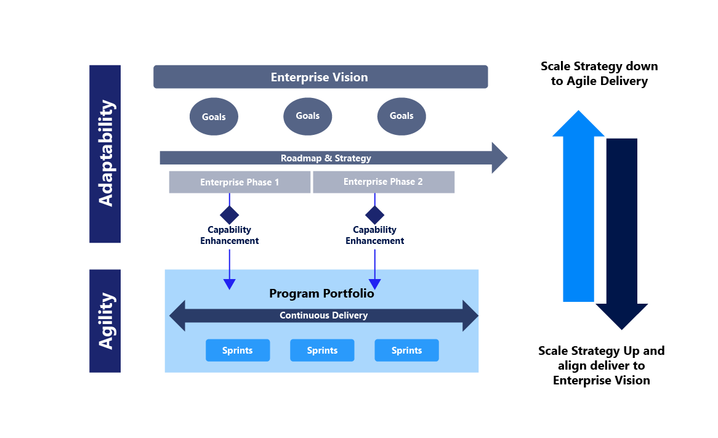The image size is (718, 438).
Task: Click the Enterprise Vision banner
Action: tap(320, 77)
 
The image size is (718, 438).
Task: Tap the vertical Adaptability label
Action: tap(105, 153)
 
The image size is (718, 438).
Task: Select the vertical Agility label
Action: tap(105, 321)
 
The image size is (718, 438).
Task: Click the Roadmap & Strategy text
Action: tap(326, 158)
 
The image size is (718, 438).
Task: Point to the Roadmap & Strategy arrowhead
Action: tap(499, 158)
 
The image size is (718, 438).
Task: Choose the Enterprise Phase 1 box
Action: tap(240, 182)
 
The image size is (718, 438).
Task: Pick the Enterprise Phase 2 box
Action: tap(383, 182)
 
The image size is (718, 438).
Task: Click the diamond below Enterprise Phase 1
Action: tap(229, 215)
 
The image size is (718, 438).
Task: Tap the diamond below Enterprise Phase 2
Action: tap(374, 215)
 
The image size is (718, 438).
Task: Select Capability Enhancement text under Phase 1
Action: tap(229, 235)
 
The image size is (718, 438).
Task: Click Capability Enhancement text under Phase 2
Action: tap(374, 235)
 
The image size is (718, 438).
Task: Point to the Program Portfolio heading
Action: tap(321, 293)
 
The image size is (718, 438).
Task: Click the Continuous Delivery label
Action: tap(323, 315)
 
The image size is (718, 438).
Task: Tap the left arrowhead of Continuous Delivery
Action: tap(177, 315)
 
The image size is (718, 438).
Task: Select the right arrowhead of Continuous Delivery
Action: tap(470, 315)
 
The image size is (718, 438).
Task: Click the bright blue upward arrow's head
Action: tap(578, 124)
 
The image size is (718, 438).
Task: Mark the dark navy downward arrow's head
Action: tap(621, 315)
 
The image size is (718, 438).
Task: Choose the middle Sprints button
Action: tap(322, 351)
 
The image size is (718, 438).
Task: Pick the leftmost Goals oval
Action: tap(214, 116)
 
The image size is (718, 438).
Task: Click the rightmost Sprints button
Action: tap(406, 351)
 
